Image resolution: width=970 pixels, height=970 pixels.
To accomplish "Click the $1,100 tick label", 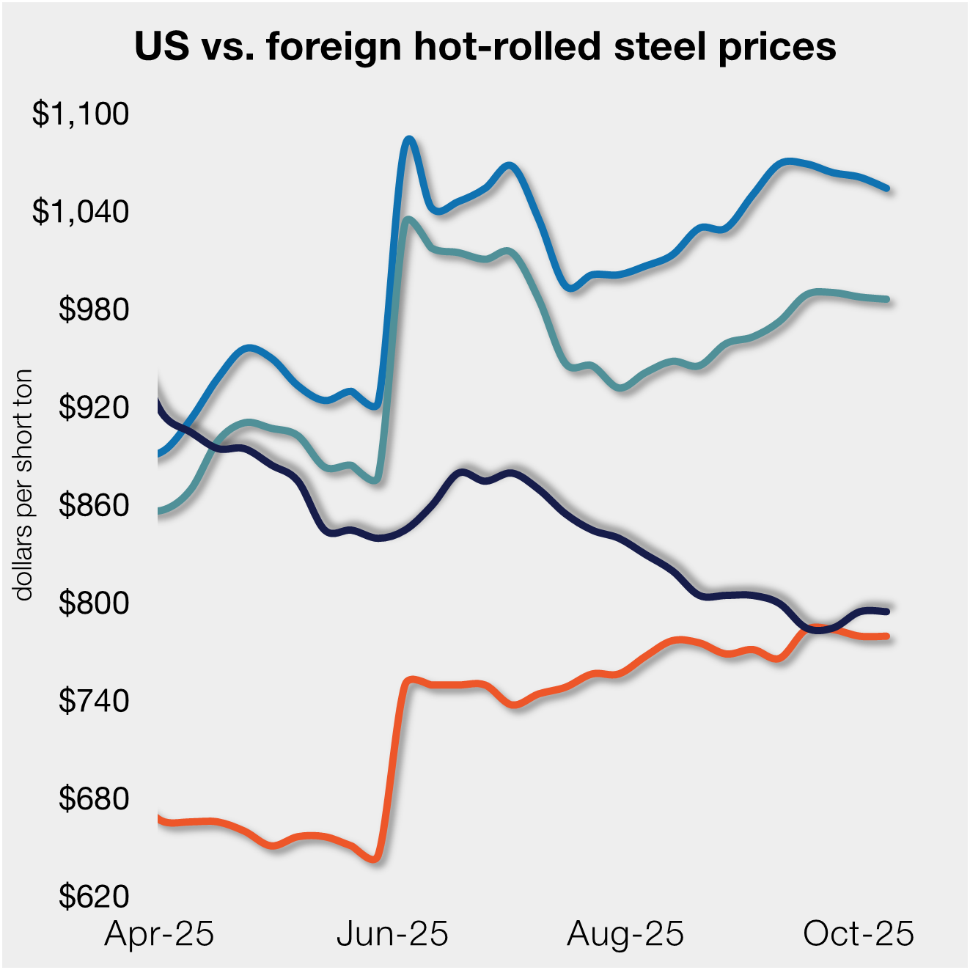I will pyautogui.click(x=81, y=114).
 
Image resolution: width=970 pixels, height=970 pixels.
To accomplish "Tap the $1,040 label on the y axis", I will pyautogui.click(x=81, y=212).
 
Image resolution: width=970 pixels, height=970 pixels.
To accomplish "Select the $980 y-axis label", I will pyautogui.click(x=94, y=309).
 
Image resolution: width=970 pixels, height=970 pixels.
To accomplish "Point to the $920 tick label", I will pyautogui.click(x=94, y=407).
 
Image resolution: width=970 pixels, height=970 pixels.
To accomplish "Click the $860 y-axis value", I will pyautogui.click(x=94, y=505).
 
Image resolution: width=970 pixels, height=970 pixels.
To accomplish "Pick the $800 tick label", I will pyautogui.click(x=94, y=603).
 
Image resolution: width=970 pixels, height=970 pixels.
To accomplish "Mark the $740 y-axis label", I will pyautogui.click(x=94, y=701).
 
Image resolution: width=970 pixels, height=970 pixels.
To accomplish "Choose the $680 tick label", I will pyautogui.click(x=94, y=798).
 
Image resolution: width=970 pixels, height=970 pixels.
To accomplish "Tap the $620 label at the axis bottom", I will pyautogui.click(x=94, y=897).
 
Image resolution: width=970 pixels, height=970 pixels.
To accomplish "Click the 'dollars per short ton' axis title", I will pyautogui.click(x=24, y=485).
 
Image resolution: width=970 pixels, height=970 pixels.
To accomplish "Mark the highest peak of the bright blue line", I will pyautogui.click(x=410, y=139).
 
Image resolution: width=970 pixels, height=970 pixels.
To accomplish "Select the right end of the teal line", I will pyautogui.click(x=887, y=299).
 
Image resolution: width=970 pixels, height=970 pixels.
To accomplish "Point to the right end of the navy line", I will pyautogui.click(x=887, y=611).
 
